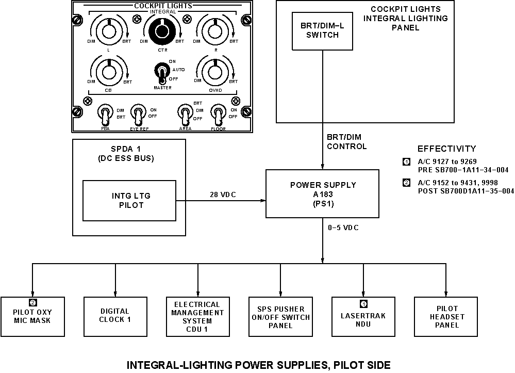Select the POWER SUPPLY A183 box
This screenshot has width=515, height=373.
coord(322,193)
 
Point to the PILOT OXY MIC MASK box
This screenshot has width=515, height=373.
coord(32,315)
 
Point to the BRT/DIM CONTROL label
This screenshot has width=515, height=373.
coord(346,142)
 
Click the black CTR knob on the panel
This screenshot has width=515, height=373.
coord(162,31)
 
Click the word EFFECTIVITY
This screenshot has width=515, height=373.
coord(446,149)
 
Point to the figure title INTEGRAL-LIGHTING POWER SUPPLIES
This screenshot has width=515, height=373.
coord(258,365)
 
